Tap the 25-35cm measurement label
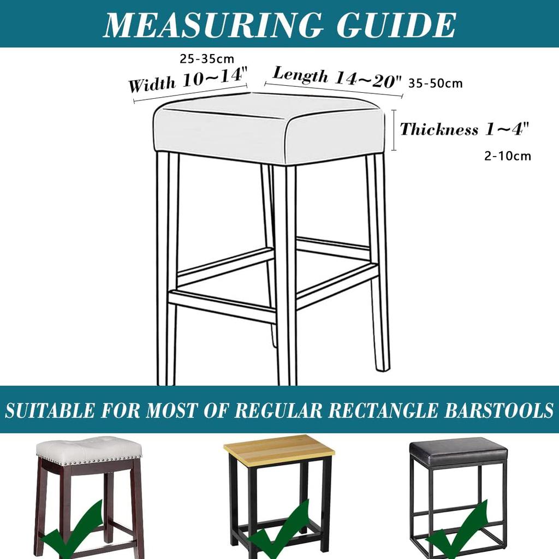click(x=207, y=59)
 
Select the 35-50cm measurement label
click(x=435, y=83)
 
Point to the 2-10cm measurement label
click(x=508, y=156)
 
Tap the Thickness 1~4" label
click(x=464, y=129)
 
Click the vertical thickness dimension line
click(x=394, y=130)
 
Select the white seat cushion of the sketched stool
click(x=270, y=128)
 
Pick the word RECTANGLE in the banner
click(x=382, y=410)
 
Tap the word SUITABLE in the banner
click(x=50, y=410)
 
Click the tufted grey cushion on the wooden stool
click(x=89, y=449)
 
